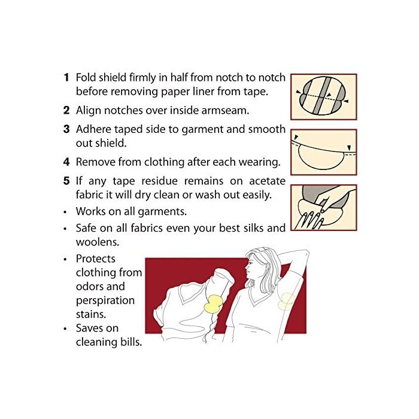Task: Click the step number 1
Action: [66, 77]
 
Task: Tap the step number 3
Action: [66, 129]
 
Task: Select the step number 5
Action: [66, 181]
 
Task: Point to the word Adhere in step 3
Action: [93, 129]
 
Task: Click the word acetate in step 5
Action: [267, 181]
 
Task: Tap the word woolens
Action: [97, 242]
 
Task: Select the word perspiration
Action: [105, 300]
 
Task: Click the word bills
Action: [130, 342]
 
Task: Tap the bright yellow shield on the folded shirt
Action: [213, 304]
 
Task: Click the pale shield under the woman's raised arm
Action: [287, 302]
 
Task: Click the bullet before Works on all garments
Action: [65, 212]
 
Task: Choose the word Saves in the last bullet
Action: [90, 328]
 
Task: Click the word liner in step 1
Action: [202, 92]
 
